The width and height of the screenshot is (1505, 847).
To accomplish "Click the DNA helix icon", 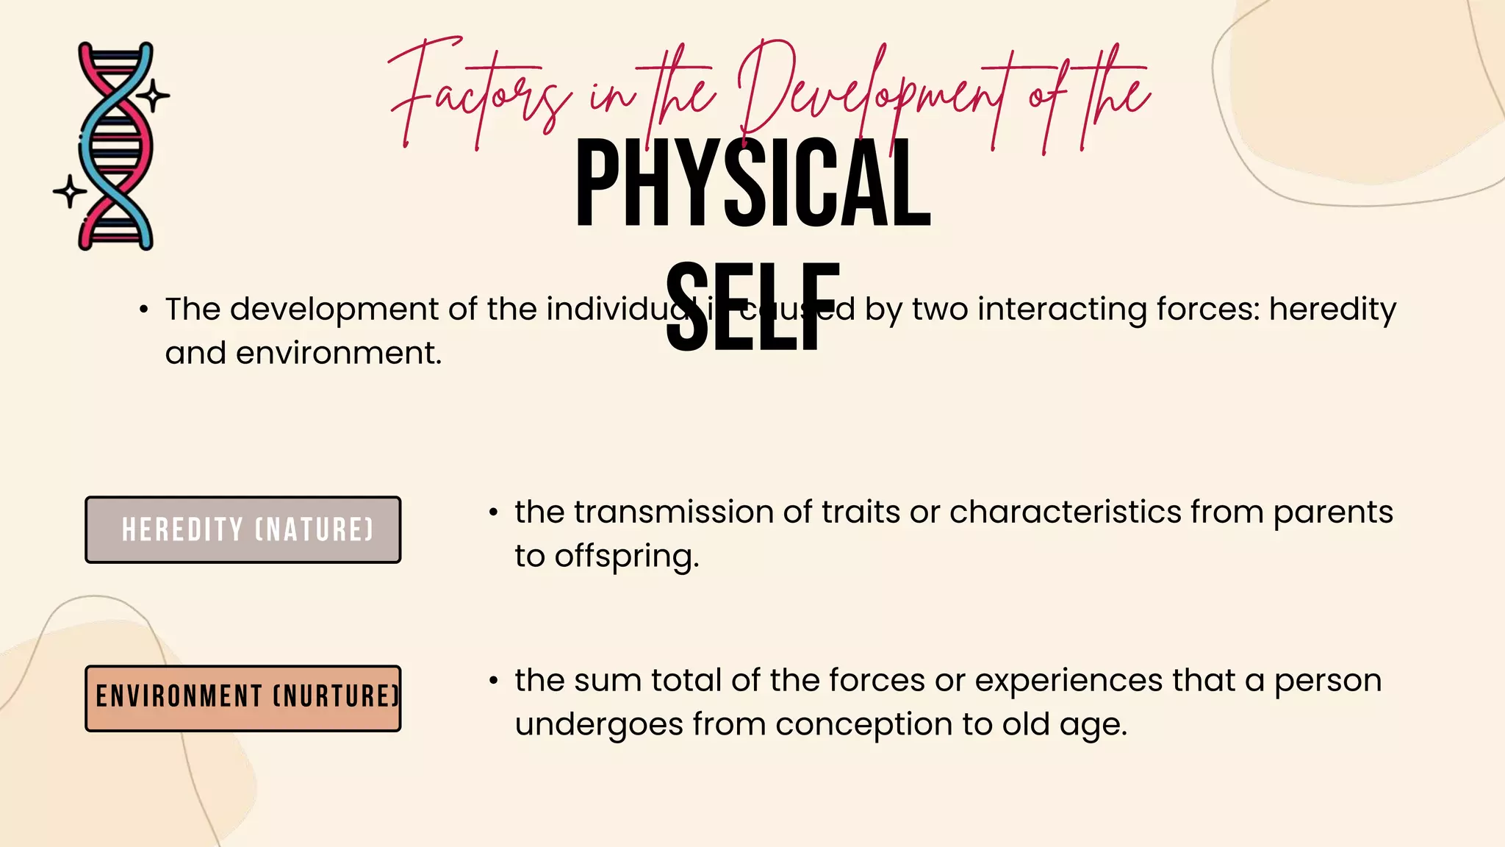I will click(116, 146).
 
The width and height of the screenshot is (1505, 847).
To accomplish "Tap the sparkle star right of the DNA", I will click(154, 95).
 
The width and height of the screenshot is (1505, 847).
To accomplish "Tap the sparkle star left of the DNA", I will click(70, 191).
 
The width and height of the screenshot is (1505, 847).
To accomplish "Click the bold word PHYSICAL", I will click(752, 184).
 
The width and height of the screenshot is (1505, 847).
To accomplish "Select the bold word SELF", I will click(752, 307).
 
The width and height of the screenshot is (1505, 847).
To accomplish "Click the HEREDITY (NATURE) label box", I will click(243, 530).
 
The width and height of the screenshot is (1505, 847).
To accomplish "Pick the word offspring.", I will click(626, 557).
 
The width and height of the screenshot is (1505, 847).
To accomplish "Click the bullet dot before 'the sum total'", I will click(494, 681).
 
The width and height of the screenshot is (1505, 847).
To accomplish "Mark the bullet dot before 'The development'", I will click(144, 310).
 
